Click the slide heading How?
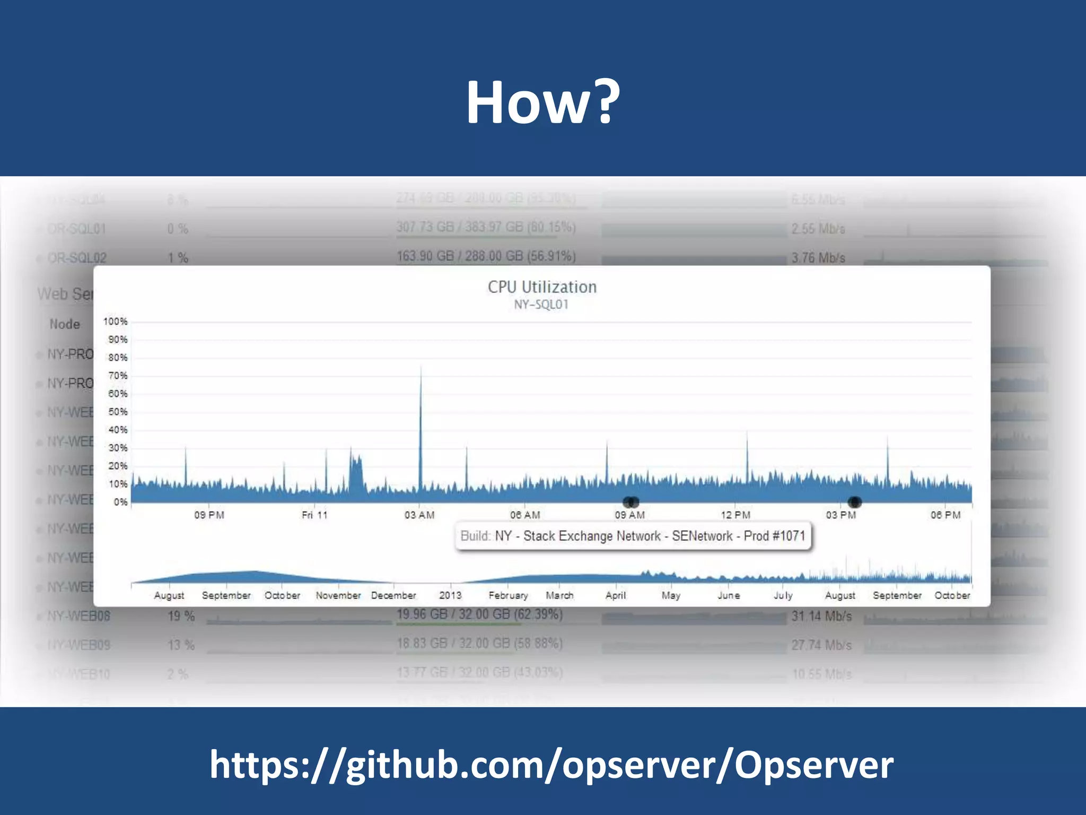[x=542, y=102]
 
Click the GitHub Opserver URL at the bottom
[x=551, y=765]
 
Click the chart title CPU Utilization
[x=542, y=287]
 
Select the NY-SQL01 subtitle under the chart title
[x=541, y=305]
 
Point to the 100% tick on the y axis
[x=115, y=322]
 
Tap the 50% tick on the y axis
[x=117, y=412]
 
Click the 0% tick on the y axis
[x=120, y=502]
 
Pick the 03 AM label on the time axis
[x=419, y=515]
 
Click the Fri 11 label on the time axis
[x=314, y=515]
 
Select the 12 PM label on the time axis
[x=735, y=515]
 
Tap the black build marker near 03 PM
[x=854, y=501]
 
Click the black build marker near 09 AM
[x=630, y=501]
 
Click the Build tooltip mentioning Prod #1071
[x=633, y=536]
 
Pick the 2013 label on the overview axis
[x=450, y=595]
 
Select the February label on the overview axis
[x=508, y=595]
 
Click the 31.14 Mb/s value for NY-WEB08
[x=821, y=616]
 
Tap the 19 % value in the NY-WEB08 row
[x=181, y=616]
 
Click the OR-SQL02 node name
[x=77, y=258]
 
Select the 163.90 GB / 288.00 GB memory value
[x=486, y=256]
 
